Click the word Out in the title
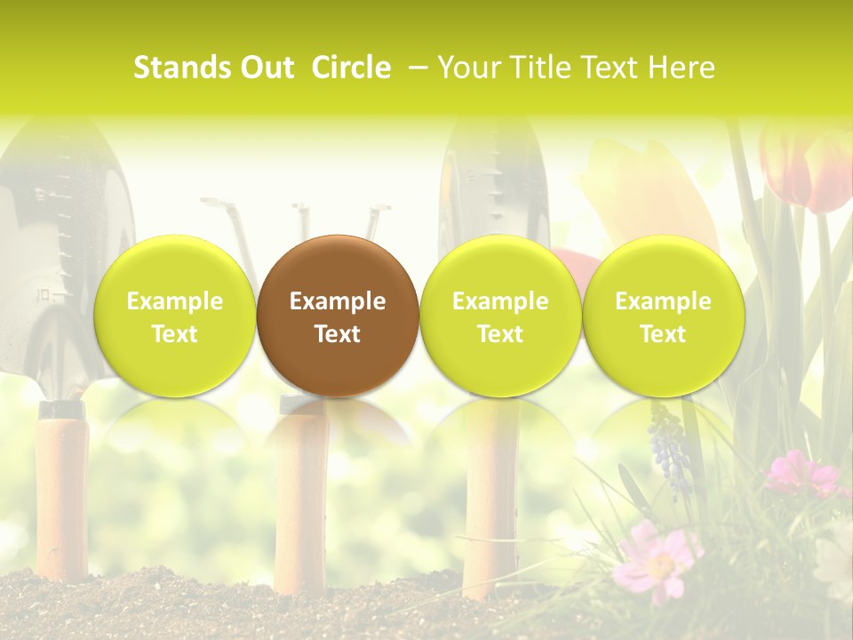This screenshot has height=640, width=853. click(x=266, y=68)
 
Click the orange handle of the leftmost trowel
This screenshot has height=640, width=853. click(x=61, y=498)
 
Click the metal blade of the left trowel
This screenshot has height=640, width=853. click(x=53, y=240)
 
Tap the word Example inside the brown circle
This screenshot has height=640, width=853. click(x=338, y=301)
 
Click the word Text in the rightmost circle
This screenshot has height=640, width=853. click(x=663, y=334)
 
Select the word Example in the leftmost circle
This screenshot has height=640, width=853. click(x=174, y=301)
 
